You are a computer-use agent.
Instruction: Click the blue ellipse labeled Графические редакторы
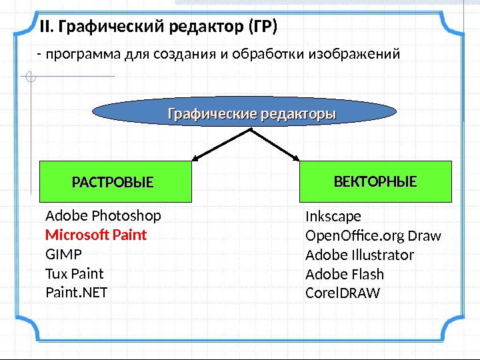click(251, 115)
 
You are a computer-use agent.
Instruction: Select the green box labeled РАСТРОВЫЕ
click(115, 181)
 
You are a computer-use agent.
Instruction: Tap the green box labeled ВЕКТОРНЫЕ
click(375, 181)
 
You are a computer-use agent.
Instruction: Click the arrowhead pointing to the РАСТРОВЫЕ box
click(196, 159)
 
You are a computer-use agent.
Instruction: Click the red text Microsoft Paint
click(96, 235)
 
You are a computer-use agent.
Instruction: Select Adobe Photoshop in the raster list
click(103, 216)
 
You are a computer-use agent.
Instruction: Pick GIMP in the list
click(59, 255)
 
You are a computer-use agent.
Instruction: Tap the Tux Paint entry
click(74, 274)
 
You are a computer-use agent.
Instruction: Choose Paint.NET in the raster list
click(76, 293)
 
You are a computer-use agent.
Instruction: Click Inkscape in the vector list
click(333, 217)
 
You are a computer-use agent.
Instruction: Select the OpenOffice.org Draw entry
click(373, 236)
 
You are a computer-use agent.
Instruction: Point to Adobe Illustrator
click(359, 255)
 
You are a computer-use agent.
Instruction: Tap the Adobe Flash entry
click(345, 275)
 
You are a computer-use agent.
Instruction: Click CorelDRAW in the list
click(343, 293)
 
